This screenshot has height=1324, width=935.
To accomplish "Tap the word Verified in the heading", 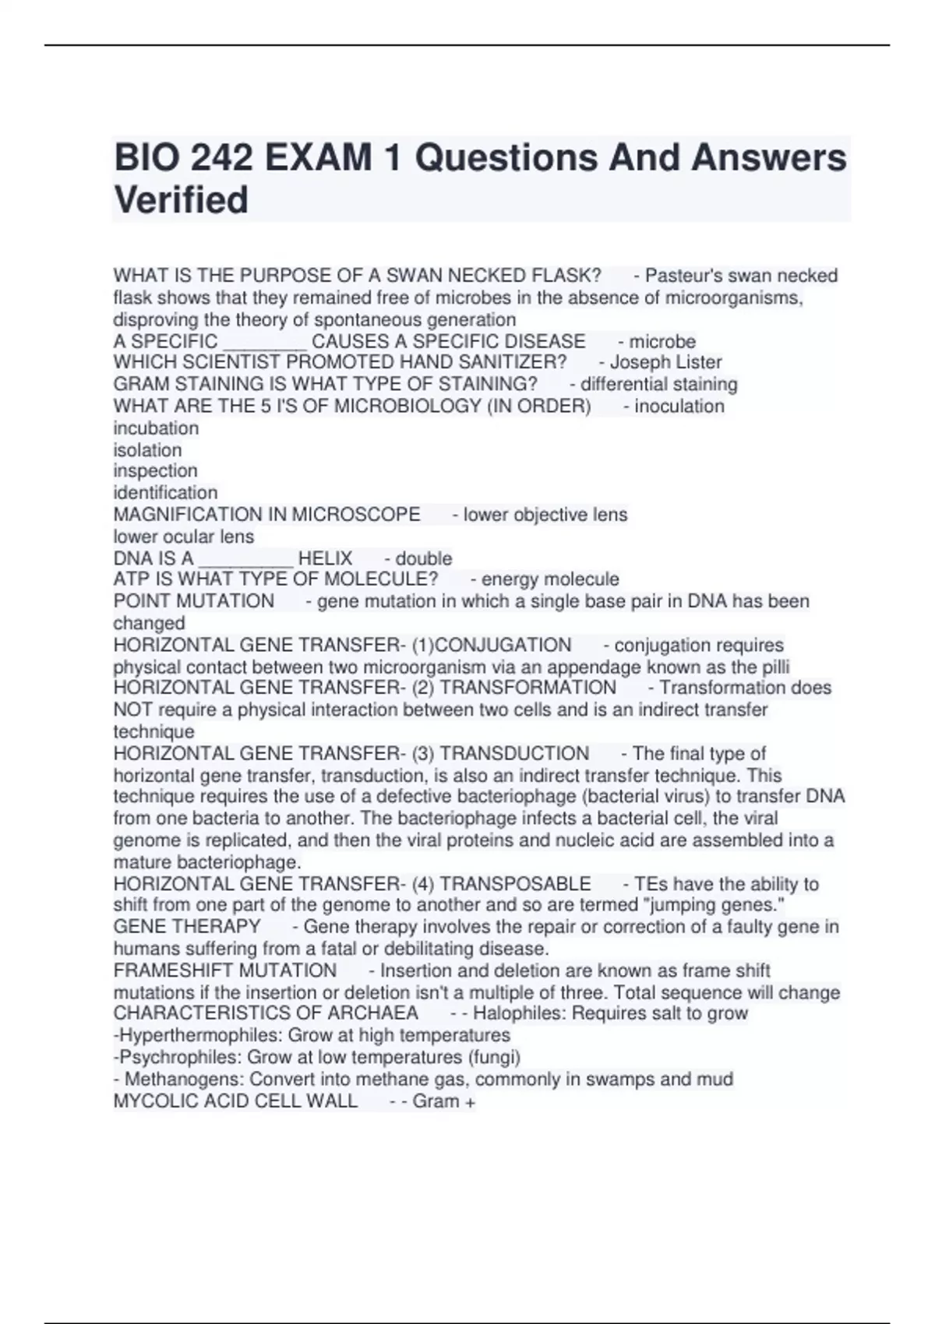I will [x=181, y=200].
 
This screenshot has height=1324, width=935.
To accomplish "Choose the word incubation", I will [x=156, y=428].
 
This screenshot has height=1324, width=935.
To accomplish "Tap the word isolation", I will [x=147, y=450].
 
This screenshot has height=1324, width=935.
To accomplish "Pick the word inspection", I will [x=155, y=470].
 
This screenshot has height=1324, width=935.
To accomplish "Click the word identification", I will [x=165, y=492].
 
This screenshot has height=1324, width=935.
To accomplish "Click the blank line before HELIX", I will [x=245, y=559].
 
